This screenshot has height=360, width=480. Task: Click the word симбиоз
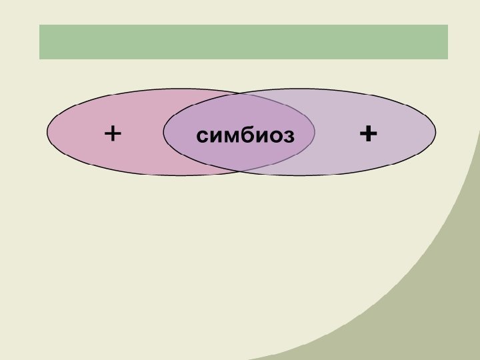point(245,136)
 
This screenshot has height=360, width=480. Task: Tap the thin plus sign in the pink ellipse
point(113,135)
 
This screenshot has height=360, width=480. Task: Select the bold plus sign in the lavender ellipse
point(367,135)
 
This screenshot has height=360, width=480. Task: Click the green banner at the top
point(243,42)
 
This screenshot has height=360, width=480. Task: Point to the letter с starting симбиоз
point(202,137)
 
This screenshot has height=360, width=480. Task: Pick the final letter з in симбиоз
point(288,137)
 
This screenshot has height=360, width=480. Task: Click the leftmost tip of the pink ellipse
point(47,132)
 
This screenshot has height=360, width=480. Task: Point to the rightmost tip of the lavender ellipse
point(435,132)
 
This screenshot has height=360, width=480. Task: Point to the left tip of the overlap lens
point(164,132)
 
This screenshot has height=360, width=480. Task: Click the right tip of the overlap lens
point(314,132)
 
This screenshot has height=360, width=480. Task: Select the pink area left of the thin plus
point(77,133)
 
